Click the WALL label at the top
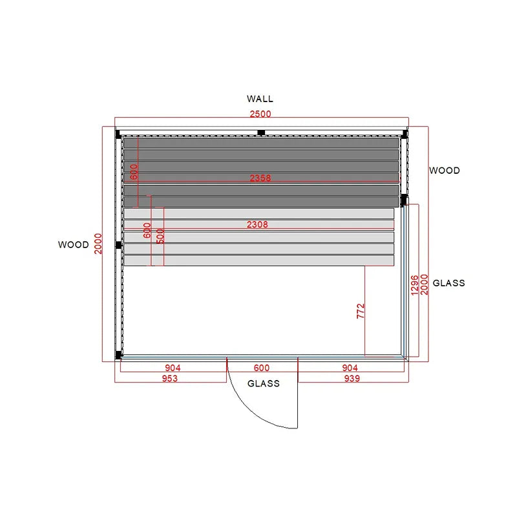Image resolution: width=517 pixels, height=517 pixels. pyautogui.click(x=260, y=99)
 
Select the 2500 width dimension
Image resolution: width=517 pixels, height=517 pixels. pyautogui.click(x=260, y=114)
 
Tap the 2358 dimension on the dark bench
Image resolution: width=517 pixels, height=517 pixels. pyautogui.click(x=260, y=178)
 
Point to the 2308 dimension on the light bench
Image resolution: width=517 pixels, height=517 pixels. pyautogui.click(x=257, y=224)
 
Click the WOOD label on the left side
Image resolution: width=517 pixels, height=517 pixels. pyautogui.click(x=74, y=245)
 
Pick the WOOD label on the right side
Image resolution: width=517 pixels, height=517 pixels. pyautogui.click(x=445, y=171)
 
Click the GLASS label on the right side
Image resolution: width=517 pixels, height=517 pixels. pyautogui.click(x=448, y=283)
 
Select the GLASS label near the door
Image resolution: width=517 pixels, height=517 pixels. pyautogui.click(x=264, y=383)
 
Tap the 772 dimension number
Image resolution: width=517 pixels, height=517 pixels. pyautogui.click(x=361, y=311)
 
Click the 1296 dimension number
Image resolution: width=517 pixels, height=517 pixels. pyautogui.click(x=415, y=285)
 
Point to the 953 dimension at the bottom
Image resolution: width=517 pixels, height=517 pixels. pyautogui.click(x=170, y=379)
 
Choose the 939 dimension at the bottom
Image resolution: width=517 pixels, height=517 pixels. pyautogui.click(x=352, y=379)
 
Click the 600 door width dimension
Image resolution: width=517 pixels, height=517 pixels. pyautogui.click(x=262, y=368)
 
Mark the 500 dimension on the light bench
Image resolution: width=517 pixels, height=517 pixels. pyautogui.click(x=160, y=236)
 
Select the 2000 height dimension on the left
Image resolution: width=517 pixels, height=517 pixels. pyautogui.click(x=98, y=244)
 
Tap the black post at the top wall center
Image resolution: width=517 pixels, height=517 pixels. pyautogui.click(x=261, y=132)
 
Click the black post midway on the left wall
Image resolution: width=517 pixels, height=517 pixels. pyautogui.click(x=119, y=245)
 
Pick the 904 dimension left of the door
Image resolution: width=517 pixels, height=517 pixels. pyautogui.click(x=173, y=368)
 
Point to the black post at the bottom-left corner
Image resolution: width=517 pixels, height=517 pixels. pyautogui.click(x=118, y=355)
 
